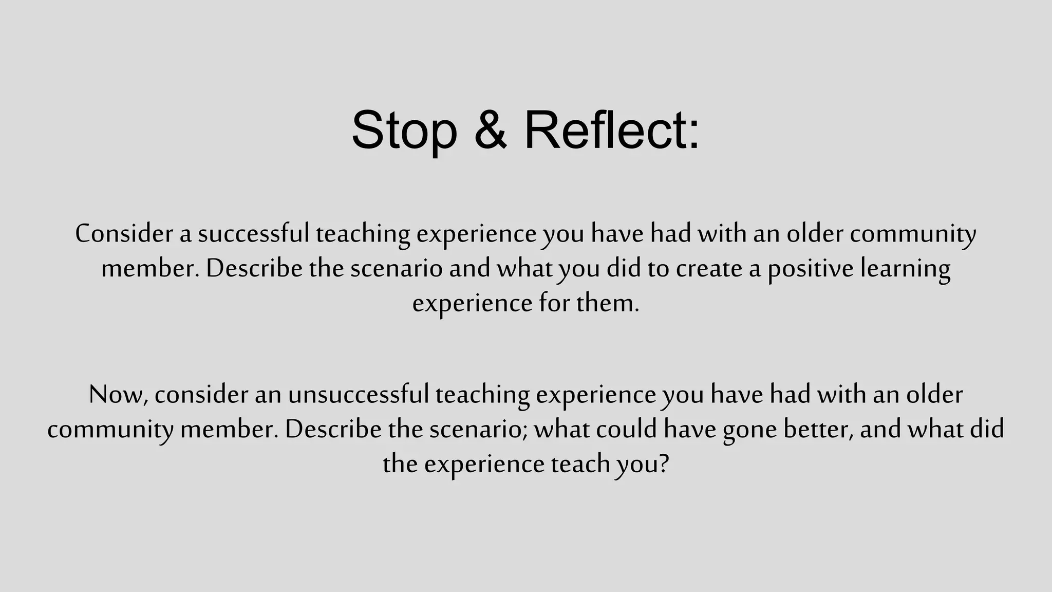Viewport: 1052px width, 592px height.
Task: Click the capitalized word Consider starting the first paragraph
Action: coord(124,234)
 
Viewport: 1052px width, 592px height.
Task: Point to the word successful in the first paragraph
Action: coord(254,234)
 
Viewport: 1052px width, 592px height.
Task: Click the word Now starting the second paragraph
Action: coord(118,395)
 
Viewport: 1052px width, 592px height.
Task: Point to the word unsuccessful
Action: coord(359,395)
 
